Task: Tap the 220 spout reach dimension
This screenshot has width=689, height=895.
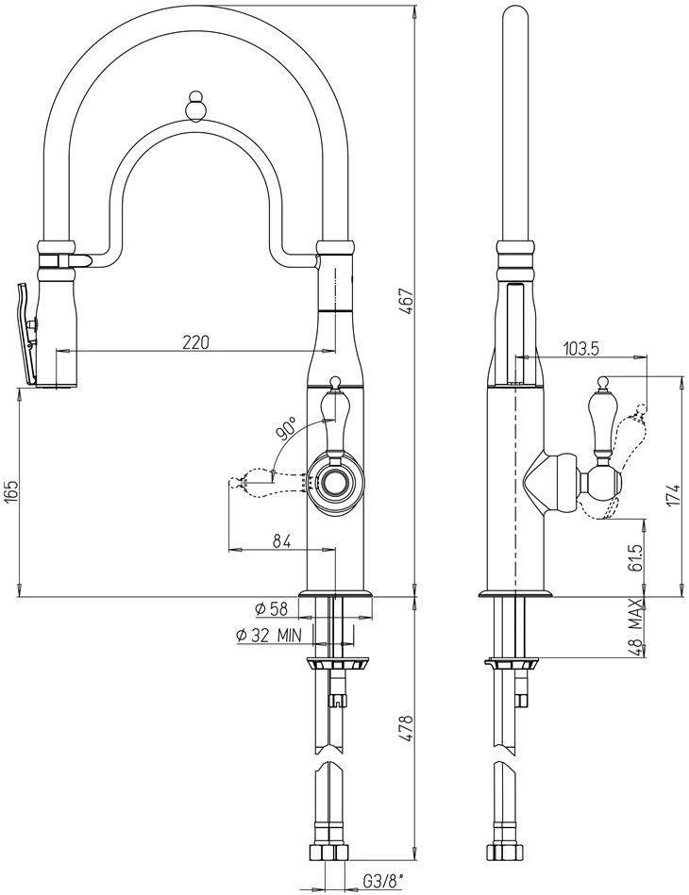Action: point(196,342)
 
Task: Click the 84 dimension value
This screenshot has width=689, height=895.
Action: point(281,540)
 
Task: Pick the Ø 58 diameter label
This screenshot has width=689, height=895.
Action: point(272,609)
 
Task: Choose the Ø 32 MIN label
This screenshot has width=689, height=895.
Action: point(268,635)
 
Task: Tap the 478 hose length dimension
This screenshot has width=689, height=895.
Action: point(406,728)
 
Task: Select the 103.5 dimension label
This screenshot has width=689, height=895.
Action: point(581,349)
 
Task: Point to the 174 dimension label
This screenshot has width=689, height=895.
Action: point(675,494)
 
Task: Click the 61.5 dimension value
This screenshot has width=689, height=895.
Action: point(637,557)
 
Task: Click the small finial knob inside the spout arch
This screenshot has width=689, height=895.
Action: point(195,107)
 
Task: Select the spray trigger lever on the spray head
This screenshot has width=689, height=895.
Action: point(27,333)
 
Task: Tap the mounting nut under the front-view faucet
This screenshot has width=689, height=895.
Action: point(338,664)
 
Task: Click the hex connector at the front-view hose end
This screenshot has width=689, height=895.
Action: point(329,854)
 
